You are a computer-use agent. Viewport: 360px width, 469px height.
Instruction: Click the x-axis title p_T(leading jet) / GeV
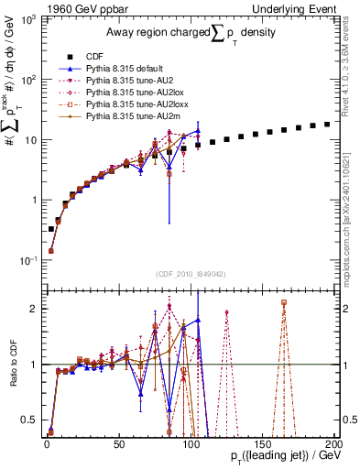274,454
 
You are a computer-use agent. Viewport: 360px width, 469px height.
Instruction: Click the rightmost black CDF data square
327,124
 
